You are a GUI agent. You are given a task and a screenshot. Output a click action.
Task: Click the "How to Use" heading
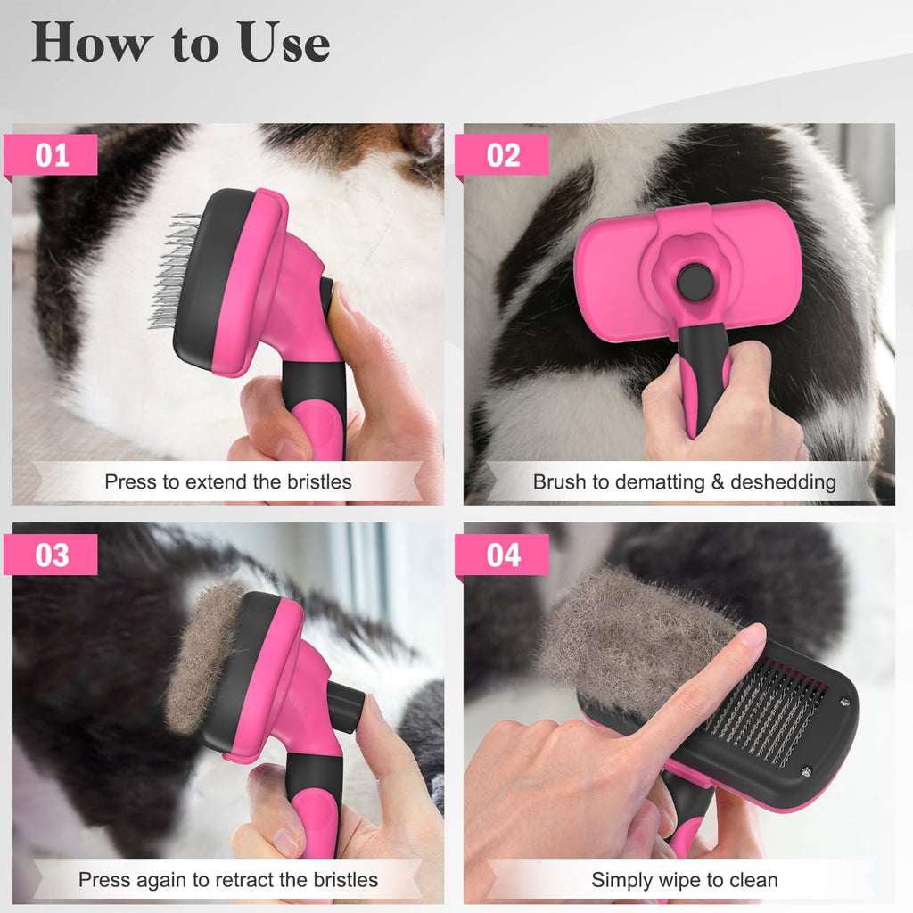point(181,42)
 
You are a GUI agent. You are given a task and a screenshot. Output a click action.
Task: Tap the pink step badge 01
point(52,155)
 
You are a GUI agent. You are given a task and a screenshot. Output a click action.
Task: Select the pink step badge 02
point(503,155)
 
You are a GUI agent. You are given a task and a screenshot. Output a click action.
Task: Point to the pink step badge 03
point(52,555)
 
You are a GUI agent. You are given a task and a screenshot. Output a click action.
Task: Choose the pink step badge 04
point(503,555)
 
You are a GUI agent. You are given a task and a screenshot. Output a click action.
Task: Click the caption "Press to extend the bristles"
point(228,482)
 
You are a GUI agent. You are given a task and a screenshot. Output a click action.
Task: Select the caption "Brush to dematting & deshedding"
point(684,482)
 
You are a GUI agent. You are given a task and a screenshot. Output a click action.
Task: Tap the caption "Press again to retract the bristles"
point(228,880)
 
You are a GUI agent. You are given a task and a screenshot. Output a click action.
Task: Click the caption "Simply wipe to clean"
point(684,880)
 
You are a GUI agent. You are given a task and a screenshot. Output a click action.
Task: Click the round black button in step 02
point(695,283)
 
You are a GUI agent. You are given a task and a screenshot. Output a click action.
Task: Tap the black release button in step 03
point(346,706)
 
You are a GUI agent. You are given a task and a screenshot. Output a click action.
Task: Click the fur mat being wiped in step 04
point(624,637)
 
